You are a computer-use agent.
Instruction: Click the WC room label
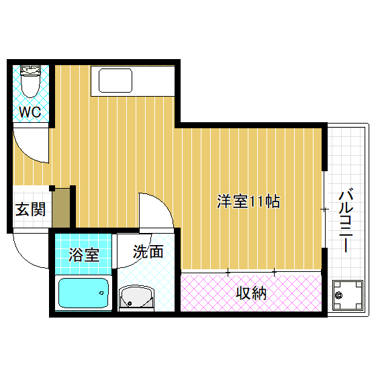30,111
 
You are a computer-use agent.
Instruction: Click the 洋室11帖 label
248,201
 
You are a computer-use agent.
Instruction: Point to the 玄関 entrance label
30,209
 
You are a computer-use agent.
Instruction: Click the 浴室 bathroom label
85,256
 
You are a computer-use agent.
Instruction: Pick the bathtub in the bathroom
84,293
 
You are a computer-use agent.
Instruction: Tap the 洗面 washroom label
148,252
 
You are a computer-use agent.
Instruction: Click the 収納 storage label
251,293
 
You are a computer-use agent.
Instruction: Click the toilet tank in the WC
30,69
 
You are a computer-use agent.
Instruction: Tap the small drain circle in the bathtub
103,291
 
